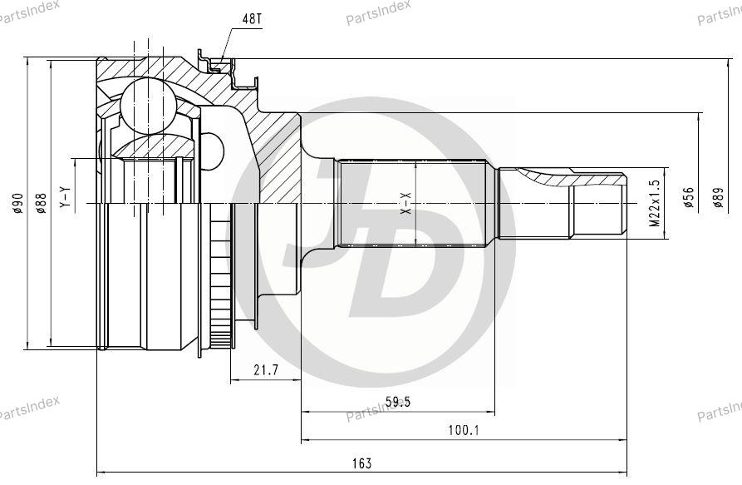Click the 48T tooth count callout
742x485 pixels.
(250, 19)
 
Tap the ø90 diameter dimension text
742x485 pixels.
(18, 203)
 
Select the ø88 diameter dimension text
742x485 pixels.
(42, 203)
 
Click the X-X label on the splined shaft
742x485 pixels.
(406, 204)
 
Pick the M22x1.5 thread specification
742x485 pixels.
(655, 203)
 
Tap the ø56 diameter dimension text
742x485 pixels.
(689, 197)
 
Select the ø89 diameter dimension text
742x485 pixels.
(719, 197)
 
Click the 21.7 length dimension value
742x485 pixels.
(265, 370)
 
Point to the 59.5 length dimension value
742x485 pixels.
(398, 402)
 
